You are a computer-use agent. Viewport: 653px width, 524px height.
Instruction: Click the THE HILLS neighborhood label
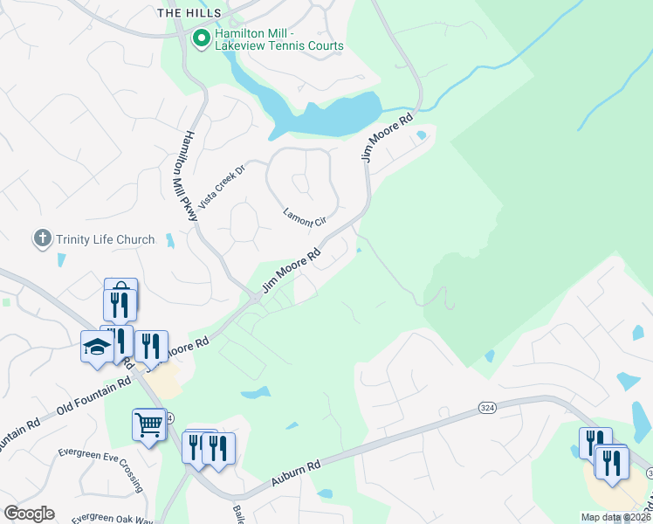181,12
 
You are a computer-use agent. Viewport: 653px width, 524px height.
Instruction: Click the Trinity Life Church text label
106,239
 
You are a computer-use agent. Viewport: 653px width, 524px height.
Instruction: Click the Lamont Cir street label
303,217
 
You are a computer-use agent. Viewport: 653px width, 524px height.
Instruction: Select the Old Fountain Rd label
92,400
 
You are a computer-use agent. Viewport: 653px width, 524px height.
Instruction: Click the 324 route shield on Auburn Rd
488,408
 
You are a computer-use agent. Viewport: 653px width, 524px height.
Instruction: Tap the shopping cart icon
149,424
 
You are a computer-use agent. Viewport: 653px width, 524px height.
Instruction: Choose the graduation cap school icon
97,347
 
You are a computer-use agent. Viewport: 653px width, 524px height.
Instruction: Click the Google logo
29,514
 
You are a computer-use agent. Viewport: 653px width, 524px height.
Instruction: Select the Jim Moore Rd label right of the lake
386,138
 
